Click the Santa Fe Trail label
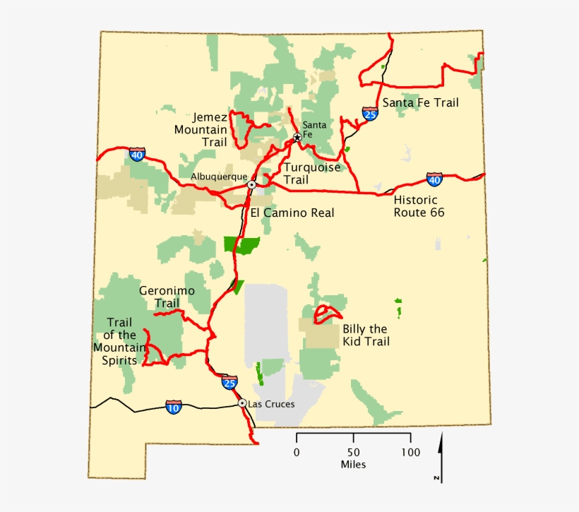(420, 103)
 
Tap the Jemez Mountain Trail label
(201, 130)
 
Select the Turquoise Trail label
(311, 174)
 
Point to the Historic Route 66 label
(419, 206)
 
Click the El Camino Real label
(292, 213)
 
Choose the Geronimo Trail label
(167, 297)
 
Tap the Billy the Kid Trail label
(366, 335)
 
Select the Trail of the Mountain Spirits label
(119, 335)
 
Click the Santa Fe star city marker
(297, 137)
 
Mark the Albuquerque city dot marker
(251, 184)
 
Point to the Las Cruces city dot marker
(242, 403)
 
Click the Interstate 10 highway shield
(173, 407)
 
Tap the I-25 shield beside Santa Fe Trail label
(370, 113)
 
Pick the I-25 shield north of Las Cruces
(229, 383)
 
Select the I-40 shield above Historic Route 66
(435, 179)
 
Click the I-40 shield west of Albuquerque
(137, 154)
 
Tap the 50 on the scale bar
(353, 452)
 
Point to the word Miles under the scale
(353, 465)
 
